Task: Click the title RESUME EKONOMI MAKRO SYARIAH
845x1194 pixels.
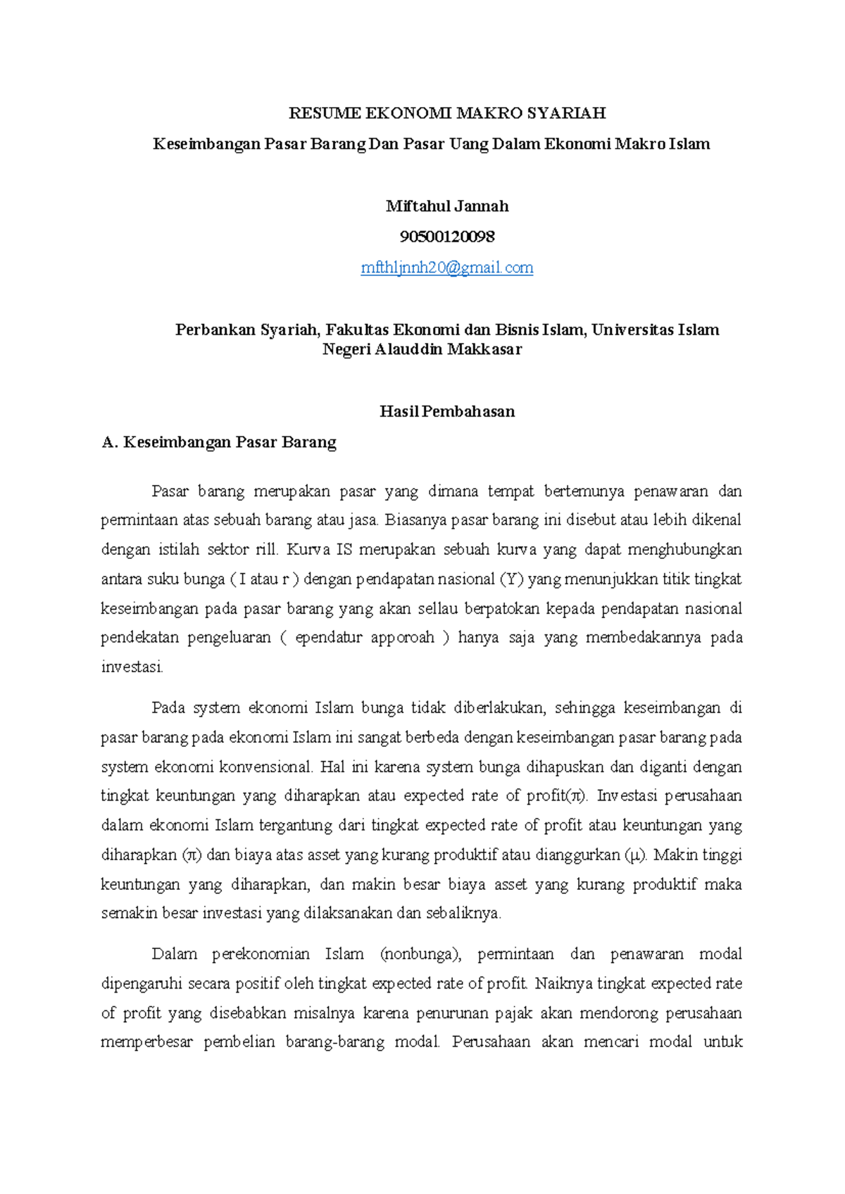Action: coord(447,113)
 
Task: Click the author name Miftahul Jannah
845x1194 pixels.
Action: coord(447,206)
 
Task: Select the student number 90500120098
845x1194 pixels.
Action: coord(447,237)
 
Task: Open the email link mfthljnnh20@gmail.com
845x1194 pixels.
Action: coord(447,268)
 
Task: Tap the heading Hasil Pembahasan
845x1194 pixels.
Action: coord(447,412)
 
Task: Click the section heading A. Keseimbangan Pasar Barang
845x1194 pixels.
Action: coord(219,442)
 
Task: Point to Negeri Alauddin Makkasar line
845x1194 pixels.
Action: coord(422,349)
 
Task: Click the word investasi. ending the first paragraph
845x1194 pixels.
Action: coord(132,667)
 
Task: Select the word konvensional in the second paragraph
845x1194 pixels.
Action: coord(265,767)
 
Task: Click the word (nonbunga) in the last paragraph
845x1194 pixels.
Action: coord(420,955)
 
